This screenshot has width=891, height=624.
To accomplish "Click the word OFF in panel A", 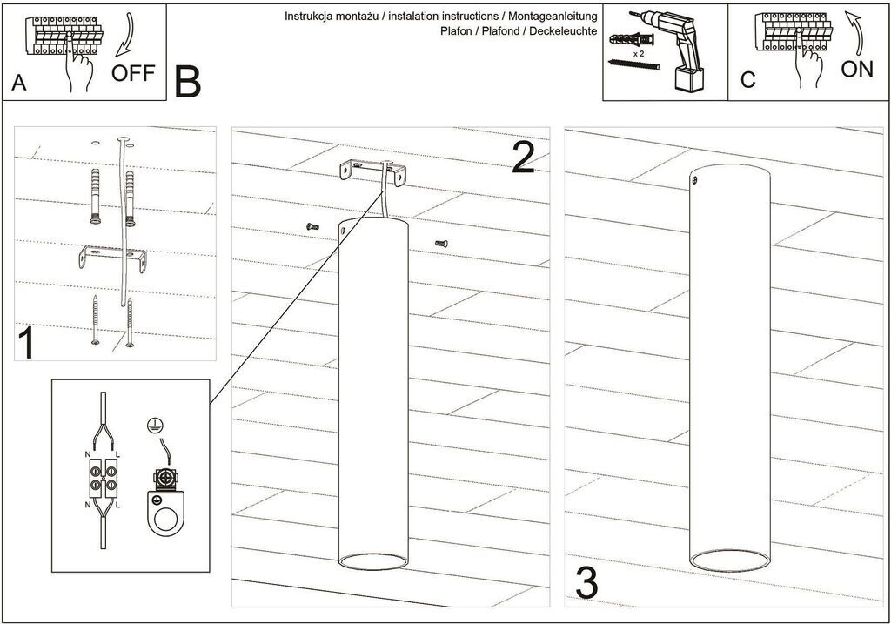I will [133, 72].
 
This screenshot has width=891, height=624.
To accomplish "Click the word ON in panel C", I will [857, 69].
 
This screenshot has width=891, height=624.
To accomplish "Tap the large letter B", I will [187, 81].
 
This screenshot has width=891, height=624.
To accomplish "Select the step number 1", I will [26, 344].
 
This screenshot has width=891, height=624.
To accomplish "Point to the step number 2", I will [523, 157].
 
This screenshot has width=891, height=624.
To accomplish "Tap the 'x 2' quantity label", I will [638, 53].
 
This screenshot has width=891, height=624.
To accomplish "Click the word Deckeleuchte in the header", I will [566, 30].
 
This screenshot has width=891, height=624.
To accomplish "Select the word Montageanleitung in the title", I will [553, 17].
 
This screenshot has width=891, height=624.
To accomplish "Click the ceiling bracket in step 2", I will [372, 171].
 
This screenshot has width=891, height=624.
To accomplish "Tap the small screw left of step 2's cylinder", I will [314, 226].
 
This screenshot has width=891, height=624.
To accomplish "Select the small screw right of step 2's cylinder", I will [440, 244].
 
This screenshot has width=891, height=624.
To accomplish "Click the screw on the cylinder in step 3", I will [694, 180].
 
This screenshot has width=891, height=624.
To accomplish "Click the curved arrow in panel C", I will [856, 34].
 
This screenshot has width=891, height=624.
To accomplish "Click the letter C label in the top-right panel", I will [748, 81].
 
